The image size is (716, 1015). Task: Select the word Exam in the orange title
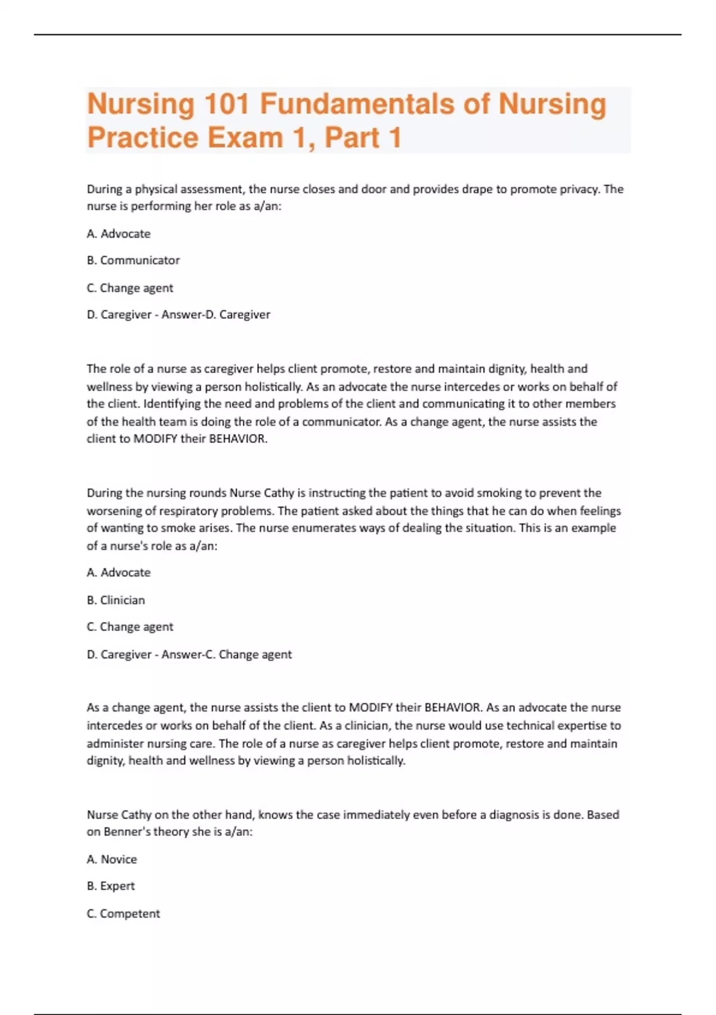(x=245, y=137)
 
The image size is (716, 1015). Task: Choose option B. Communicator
(x=133, y=260)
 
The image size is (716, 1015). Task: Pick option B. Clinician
(x=116, y=600)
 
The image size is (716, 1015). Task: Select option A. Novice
(x=112, y=859)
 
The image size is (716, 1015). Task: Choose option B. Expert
(x=110, y=886)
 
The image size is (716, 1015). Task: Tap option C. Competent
(x=124, y=913)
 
